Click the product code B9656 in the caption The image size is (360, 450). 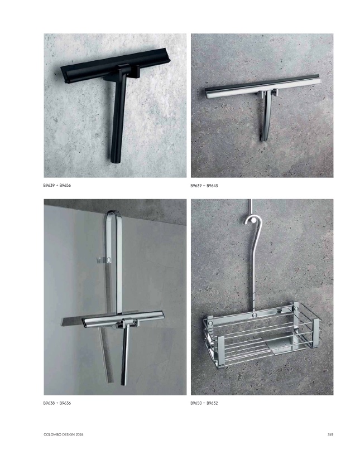point(65,185)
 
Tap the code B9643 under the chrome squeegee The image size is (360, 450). point(212,186)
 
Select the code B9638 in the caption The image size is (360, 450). point(49,403)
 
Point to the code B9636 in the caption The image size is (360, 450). point(65,403)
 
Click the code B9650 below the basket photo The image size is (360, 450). point(196,403)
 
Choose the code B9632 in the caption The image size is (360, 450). point(212,403)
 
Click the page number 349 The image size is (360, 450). point(330,434)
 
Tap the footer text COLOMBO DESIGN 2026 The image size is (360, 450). point(64,434)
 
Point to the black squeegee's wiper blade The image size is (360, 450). point(115,65)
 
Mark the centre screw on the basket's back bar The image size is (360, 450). point(254,315)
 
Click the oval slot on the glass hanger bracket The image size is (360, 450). point(109,260)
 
